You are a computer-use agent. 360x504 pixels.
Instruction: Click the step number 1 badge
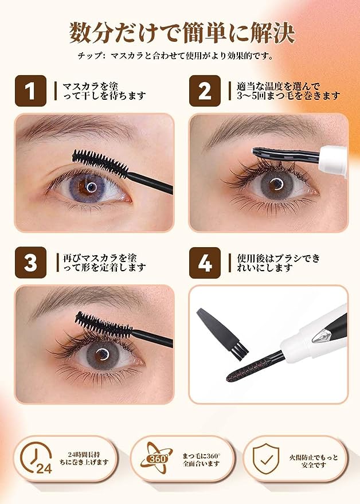tap(30, 91)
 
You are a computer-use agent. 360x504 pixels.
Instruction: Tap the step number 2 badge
tap(205, 91)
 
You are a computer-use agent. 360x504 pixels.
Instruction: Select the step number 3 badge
tap(30, 263)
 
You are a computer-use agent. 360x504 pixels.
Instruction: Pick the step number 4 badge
tap(205, 263)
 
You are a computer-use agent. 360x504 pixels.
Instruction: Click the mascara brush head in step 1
tap(100, 163)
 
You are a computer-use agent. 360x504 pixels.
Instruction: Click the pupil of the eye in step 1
tap(91, 186)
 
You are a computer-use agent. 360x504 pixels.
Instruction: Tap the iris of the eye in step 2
tap(276, 185)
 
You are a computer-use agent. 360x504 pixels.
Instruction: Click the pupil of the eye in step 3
tap(102, 354)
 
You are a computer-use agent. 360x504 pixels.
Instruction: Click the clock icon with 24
tap(36, 458)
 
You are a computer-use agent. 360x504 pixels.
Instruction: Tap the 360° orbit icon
tap(156, 459)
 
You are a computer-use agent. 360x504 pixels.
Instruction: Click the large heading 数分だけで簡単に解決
tap(182, 33)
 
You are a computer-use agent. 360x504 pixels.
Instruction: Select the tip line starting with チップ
tap(175, 56)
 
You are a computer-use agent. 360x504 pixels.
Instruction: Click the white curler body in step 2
tap(334, 161)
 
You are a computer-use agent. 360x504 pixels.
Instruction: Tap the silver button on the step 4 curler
tap(322, 335)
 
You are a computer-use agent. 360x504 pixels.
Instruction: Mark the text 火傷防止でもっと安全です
tap(314, 461)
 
